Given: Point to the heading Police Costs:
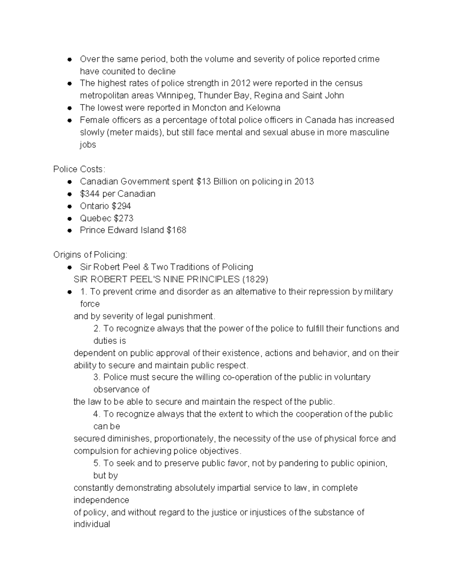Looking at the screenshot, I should (x=79, y=169).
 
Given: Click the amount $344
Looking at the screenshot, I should (x=90, y=194).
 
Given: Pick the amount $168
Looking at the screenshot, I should (x=176, y=230).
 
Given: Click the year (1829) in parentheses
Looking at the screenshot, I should (x=255, y=279).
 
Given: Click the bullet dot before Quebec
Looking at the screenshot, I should (x=70, y=219).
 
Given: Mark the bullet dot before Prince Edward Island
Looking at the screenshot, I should (x=70, y=231).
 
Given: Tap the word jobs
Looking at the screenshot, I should (x=88, y=145).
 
